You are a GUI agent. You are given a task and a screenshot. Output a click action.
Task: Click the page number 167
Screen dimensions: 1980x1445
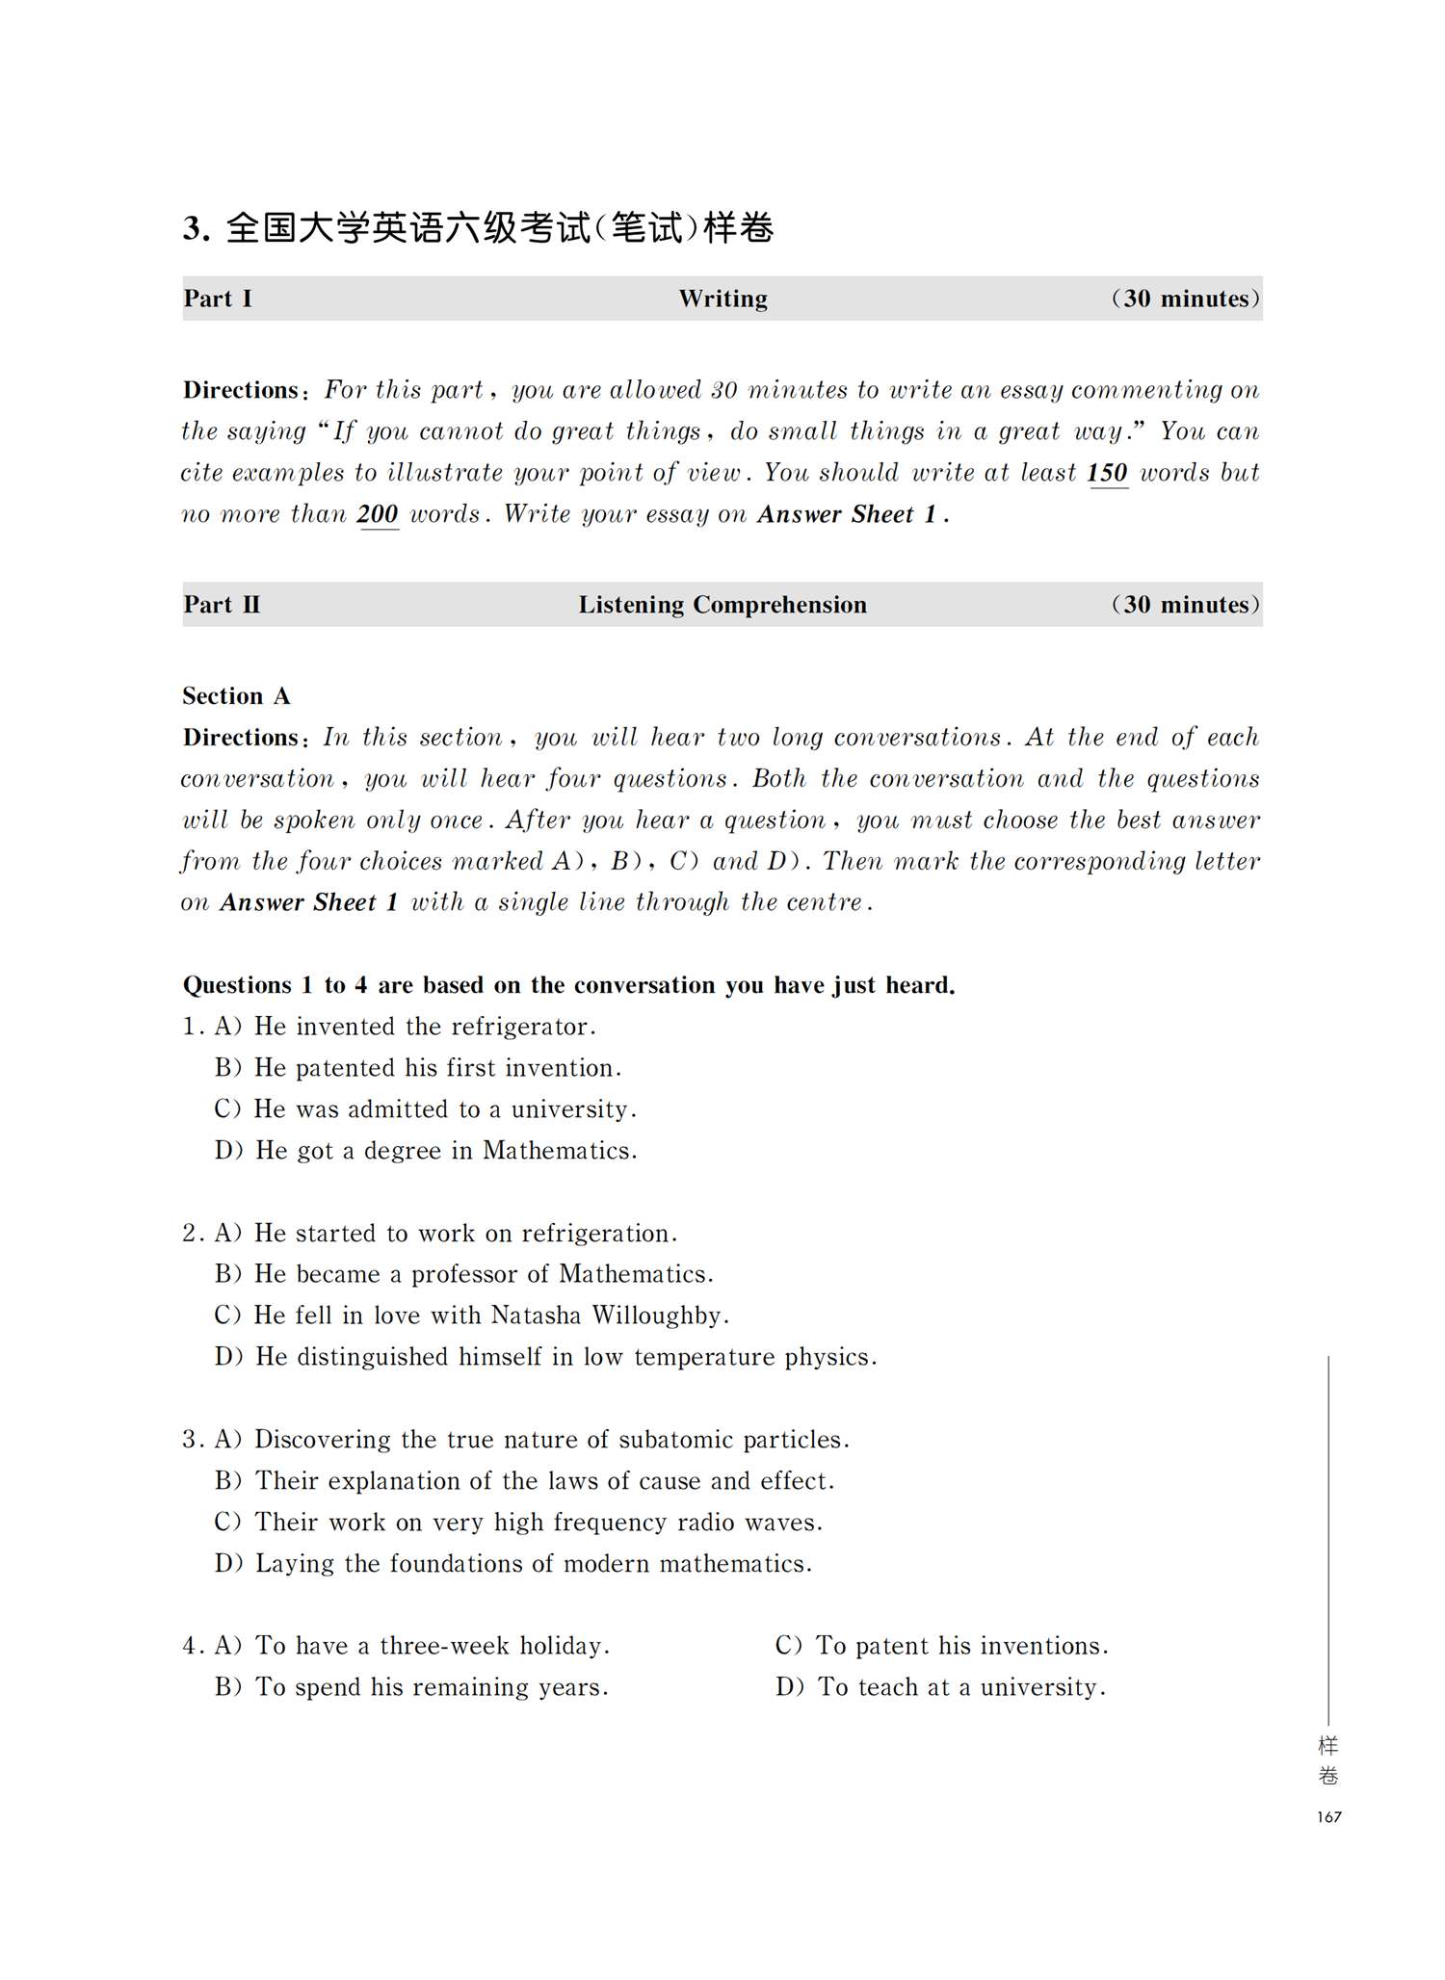point(1328,1817)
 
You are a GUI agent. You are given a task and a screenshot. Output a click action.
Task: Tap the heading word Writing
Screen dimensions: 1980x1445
point(722,299)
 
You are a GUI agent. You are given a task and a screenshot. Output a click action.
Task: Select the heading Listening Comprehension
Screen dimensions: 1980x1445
point(722,605)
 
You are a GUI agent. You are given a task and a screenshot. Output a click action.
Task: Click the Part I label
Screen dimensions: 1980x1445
point(218,299)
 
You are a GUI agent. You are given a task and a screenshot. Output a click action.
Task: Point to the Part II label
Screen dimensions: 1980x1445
point(222,605)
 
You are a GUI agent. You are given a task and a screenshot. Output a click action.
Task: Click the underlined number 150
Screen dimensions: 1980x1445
point(1108,473)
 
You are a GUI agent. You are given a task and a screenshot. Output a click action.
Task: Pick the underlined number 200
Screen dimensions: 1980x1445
point(378,514)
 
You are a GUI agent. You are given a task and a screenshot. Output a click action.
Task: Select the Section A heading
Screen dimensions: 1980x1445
point(236,695)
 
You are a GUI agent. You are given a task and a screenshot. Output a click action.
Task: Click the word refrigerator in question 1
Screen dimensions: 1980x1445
point(520,1027)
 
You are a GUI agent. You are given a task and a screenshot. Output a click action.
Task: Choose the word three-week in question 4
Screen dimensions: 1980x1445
point(443,1646)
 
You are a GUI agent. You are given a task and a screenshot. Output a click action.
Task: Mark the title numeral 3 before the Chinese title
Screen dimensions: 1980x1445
point(193,229)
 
